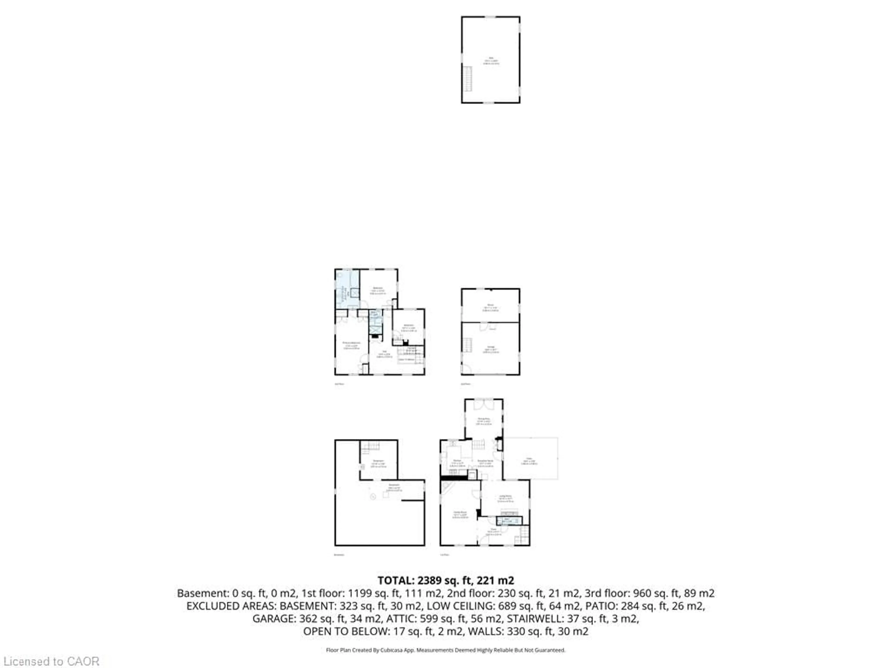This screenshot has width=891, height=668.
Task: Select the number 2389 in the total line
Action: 430,581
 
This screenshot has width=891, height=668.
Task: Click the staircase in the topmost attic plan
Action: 467,79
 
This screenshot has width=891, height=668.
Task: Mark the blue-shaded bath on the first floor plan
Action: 509,521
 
